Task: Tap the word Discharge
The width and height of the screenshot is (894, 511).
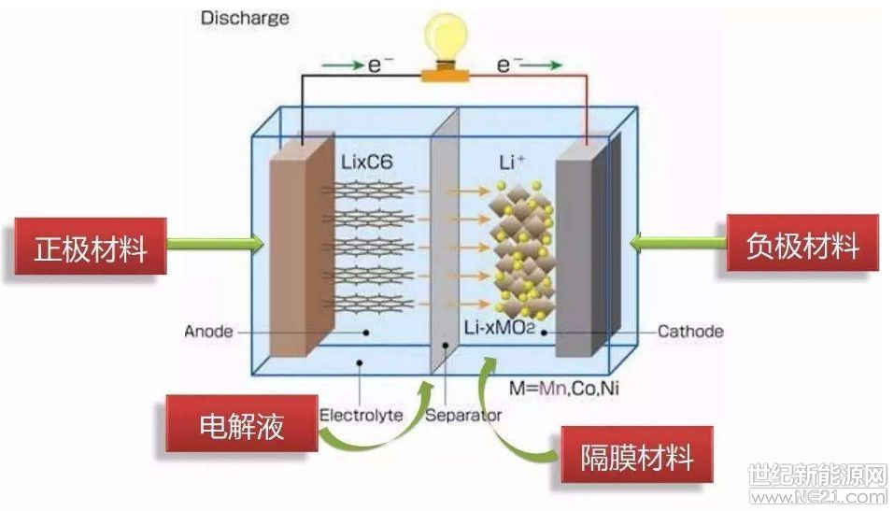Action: [x=245, y=17]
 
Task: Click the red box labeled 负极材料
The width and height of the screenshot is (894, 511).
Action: [x=802, y=245]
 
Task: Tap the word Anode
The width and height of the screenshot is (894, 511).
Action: [x=207, y=331]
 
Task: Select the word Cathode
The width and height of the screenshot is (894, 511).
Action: [x=690, y=331]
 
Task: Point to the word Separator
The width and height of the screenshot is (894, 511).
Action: [x=463, y=414]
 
